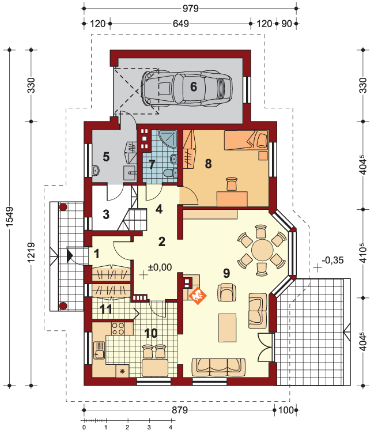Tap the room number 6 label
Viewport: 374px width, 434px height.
(x=194, y=87)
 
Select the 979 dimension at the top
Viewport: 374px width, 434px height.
(x=191, y=9)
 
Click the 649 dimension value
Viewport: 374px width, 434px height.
(x=181, y=24)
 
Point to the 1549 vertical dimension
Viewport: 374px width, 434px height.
(x=10, y=217)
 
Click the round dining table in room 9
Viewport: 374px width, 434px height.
(x=262, y=250)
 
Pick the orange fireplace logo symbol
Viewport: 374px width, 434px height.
(x=198, y=296)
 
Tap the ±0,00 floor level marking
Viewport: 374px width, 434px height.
(x=160, y=267)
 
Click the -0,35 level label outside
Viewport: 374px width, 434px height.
(x=333, y=260)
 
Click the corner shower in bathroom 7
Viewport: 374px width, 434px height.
(x=168, y=139)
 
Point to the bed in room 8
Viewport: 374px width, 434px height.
(x=246, y=140)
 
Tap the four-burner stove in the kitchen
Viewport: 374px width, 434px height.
(x=118, y=329)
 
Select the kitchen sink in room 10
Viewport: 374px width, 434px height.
(x=99, y=350)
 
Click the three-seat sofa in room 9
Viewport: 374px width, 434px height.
(x=218, y=367)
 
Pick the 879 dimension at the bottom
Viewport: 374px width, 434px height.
(x=180, y=410)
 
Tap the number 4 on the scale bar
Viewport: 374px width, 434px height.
(x=171, y=428)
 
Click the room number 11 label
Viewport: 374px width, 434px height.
(x=106, y=310)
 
